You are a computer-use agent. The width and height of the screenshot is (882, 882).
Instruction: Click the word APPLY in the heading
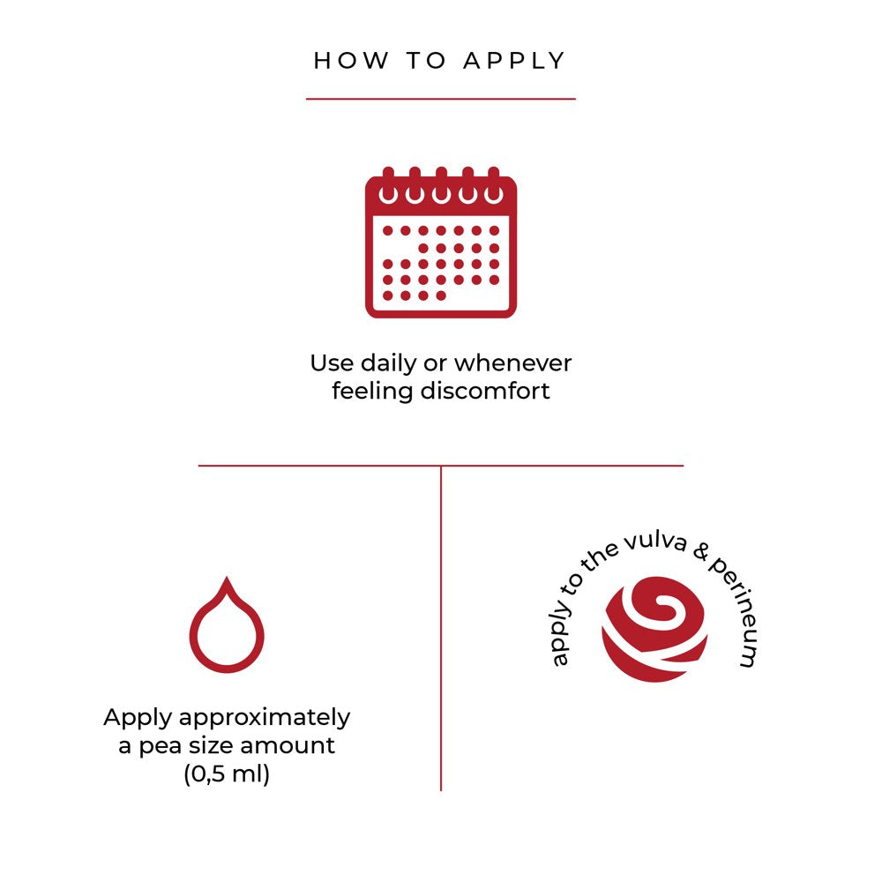pyautogui.click(x=514, y=61)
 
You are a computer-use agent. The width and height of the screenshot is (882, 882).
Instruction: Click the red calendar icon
pyautogui.click(x=441, y=242)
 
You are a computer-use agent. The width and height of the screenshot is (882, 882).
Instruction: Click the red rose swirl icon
pyautogui.click(x=654, y=629)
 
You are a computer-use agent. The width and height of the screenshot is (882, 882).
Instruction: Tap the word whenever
pyautogui.click(x=513, y=363)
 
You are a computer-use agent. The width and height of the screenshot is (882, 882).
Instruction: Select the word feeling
pyautogui.click(x=371, y=391)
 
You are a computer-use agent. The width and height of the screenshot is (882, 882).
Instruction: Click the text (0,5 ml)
pyautogui.click(x=227, y=774)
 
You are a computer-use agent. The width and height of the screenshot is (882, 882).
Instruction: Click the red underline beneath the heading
pyautogui.click(x=441, y=99)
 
